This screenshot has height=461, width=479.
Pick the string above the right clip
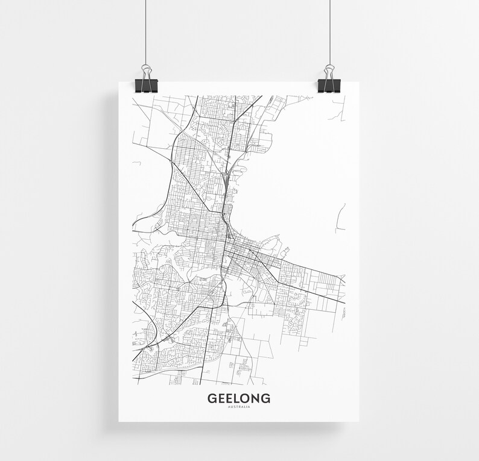[330, 30]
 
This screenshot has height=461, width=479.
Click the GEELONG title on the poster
[239, 398]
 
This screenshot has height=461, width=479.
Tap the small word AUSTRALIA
[239, 407]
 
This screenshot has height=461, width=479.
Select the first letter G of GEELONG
[212, 398]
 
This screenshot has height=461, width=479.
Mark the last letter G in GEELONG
[265, 398]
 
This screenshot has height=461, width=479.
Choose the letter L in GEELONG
[235, 398]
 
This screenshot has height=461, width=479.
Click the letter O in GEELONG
[244, 398]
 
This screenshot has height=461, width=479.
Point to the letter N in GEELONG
[255, 398]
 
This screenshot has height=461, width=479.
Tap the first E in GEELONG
[220, 398]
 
